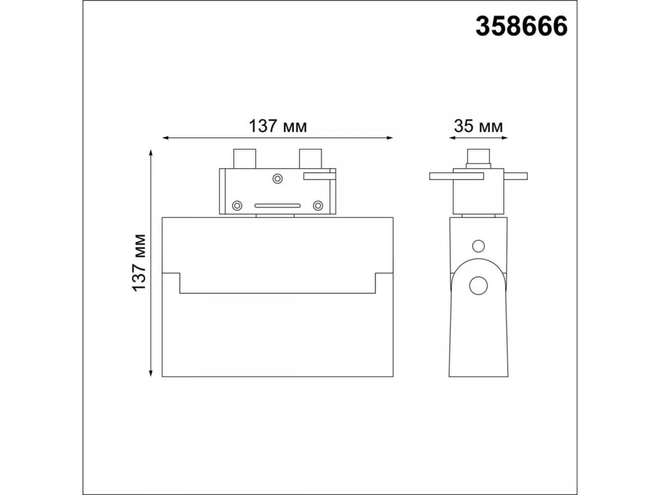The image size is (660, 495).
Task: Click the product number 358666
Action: (521, 26)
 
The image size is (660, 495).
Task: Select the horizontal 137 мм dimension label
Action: (278, 126)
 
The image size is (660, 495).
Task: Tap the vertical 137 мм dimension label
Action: (139, 262)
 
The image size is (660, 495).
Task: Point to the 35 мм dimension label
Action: (478, 126)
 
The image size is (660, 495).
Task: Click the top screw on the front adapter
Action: (277, 179)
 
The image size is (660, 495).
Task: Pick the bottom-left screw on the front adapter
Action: (237, 206)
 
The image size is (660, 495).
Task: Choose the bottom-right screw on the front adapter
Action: (318, 206)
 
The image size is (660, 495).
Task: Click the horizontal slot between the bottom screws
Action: (278, 206)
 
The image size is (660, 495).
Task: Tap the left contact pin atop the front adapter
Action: (245, 159)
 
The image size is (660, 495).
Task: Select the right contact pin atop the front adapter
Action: (311, 159)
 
